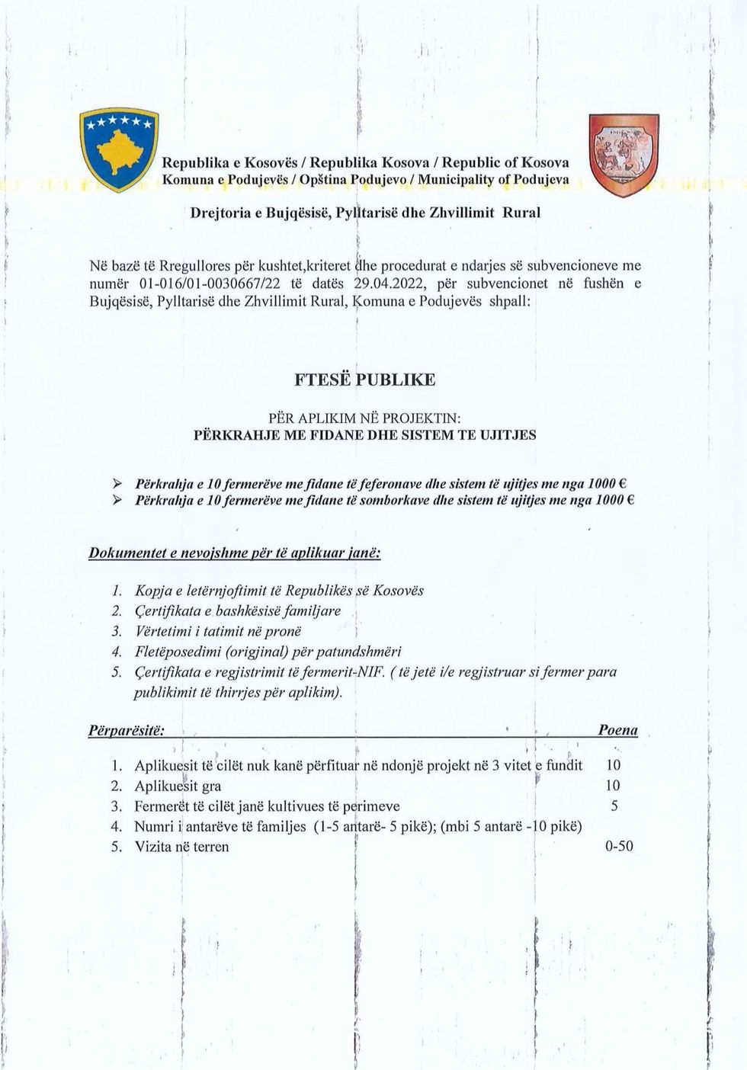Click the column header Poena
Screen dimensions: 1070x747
[x=617, y=730]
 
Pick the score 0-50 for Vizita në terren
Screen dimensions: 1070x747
[x=618, y=846]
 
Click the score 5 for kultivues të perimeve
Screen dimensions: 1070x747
[x=614, y=806]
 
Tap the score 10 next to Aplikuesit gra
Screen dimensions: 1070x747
[x=613, y=785]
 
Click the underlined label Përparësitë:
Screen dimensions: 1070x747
[x=127, y=730]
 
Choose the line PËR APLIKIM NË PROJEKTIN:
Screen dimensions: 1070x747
[x=365, y=418]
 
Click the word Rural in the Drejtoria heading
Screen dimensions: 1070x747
[x=521, y=213]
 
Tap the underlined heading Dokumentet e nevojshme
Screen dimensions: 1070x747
[x=235, y=552]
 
